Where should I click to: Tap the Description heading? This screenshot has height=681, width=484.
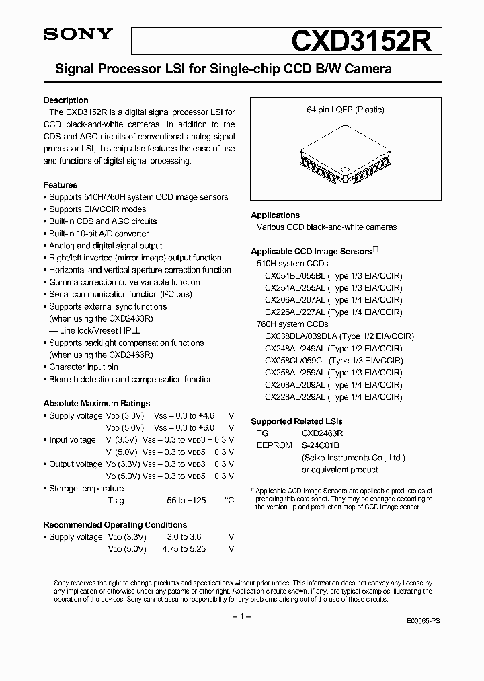(x=66, y=100)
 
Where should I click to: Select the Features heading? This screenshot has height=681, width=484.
(x=61, y=185)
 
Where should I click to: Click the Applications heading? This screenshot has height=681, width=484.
(x=276, y=215)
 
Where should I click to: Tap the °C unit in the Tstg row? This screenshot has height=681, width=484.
(x=229, y=501)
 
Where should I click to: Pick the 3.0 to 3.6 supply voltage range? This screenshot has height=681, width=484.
(x=182, y=537)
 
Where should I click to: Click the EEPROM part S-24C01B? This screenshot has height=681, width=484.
(x=320, y=445)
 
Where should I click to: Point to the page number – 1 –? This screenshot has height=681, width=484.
(x=241, y=617)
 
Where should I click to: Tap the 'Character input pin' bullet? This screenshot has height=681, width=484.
(x=83, y=367)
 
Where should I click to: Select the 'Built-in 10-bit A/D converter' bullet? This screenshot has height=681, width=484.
(x=99, y=234)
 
